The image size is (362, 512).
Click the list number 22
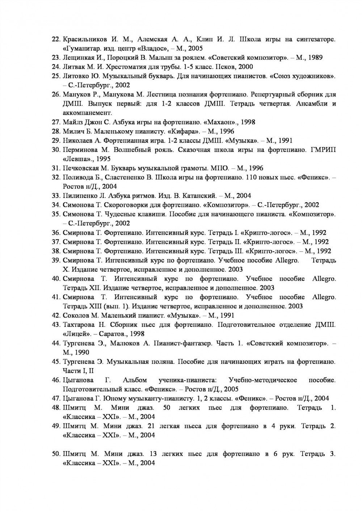tap(56, 39)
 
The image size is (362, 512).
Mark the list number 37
tap(56, 242)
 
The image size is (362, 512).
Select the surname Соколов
tap(76, 316)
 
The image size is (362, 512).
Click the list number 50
tap(56, 454)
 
